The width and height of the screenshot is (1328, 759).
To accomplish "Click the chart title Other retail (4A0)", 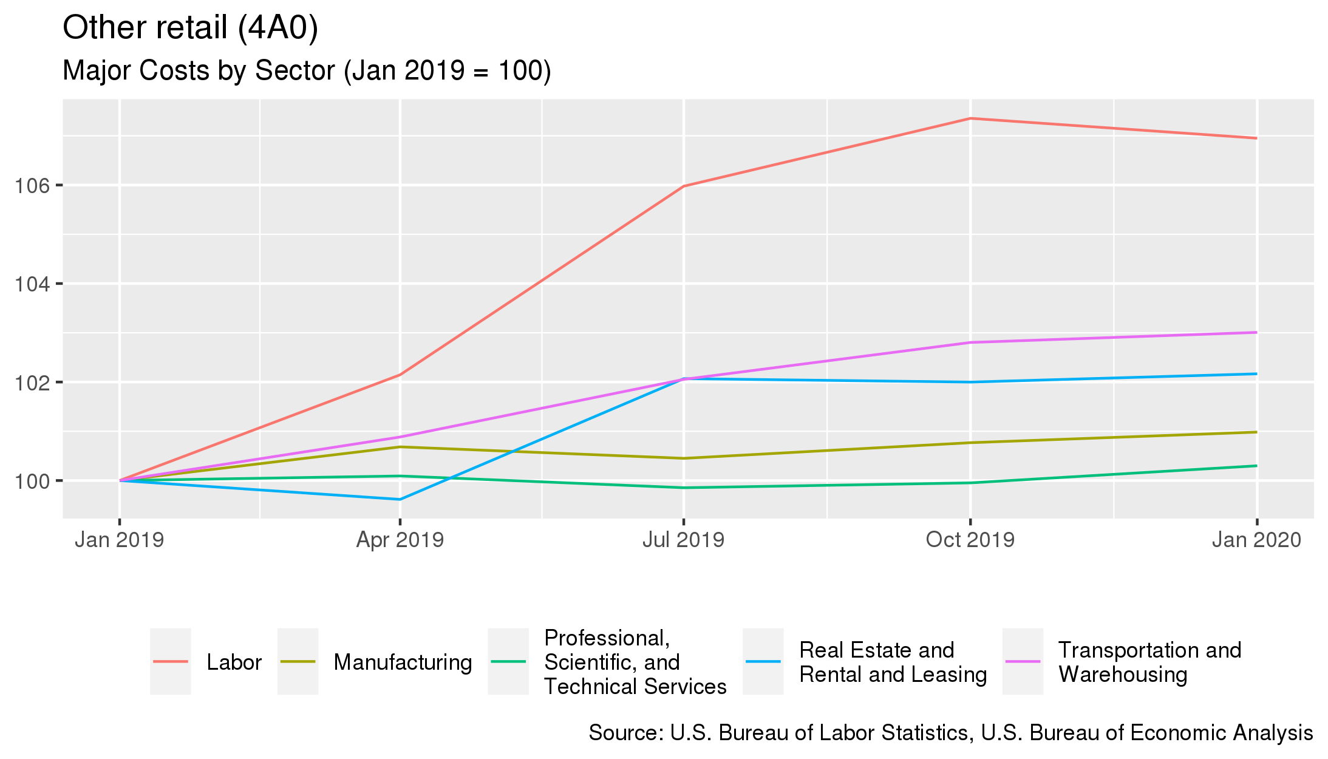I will tap(190, 29).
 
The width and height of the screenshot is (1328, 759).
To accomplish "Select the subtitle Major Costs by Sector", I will tap(307, 71).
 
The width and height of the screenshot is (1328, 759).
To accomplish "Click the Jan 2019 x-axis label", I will tap(119, 540).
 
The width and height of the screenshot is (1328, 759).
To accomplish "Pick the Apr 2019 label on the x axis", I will tap(400, 540).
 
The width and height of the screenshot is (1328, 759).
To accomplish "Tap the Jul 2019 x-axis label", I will tap(683, 540).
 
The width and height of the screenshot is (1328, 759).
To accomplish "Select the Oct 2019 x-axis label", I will tap(970, 540).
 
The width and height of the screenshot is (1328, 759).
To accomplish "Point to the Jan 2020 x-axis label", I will tap(1256, 540).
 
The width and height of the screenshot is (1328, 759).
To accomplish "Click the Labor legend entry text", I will tap(234, 662).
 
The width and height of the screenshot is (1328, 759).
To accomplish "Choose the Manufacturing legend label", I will tap(403, 662).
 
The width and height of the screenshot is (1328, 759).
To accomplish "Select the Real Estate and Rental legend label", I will tap(893, 662).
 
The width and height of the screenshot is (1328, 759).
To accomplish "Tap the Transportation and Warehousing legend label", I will tap(1149, 662).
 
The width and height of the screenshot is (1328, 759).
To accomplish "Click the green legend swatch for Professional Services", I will tap(508, 661).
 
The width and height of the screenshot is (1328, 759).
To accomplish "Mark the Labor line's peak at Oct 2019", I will tap(970, 118).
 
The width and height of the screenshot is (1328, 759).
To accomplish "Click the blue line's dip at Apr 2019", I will tap(400, 499).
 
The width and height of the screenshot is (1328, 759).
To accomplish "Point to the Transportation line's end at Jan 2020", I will tap(1256, 332).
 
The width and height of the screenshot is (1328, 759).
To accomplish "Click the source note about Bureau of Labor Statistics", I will tap(950, 733).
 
